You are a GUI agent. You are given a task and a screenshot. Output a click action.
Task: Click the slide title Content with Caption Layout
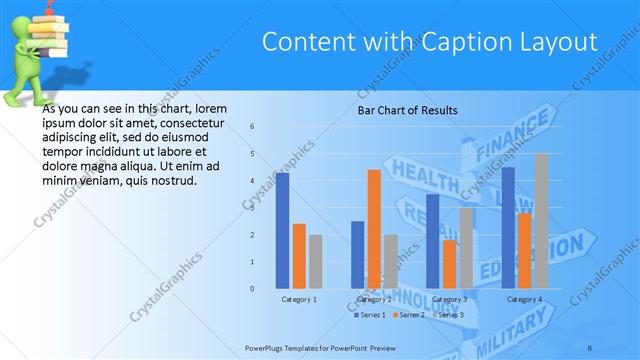pyautogui.click(x=429, y=41)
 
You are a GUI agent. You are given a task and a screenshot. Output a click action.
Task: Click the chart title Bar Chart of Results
pyautogui.click(x=407, y=110)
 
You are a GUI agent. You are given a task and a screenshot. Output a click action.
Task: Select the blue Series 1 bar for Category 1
pyautogui.click(x=282, y=230)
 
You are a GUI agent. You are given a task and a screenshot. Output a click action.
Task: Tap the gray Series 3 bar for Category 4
pyautogui.click(x=541, y=221)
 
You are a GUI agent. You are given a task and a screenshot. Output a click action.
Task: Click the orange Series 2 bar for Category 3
pyautogui.click(x=449, y=264)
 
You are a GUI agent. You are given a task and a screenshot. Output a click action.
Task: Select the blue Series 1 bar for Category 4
pyautogui.click(x=508, y=227)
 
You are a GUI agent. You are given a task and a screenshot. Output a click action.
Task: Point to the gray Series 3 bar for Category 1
pyautogui.click(x=315, y=261)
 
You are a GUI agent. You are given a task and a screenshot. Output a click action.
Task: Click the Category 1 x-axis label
pyautogui.click(x=298, y=299)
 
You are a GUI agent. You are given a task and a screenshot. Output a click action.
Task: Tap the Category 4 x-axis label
pyautogui.click(x=524, y=299)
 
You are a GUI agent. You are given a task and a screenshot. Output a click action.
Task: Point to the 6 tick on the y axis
pyautogui.click(x=252, y=126)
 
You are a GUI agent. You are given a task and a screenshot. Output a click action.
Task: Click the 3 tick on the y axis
pyautogui.click(x=252, y=208)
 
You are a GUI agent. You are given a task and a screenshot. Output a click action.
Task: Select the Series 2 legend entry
pyautogui.click(x=411, y=315)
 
